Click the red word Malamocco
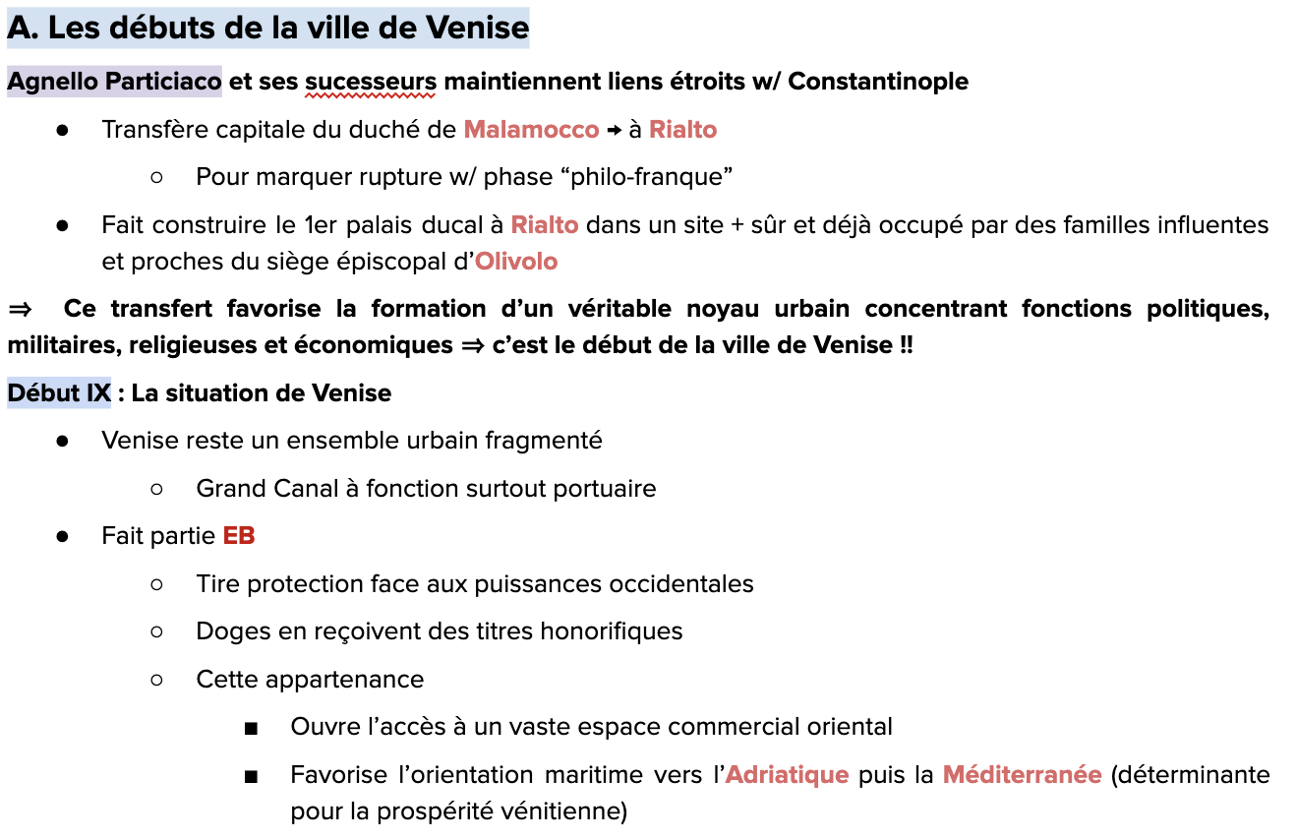click(x=531, y=130)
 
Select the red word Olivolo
click(x=516, y=262)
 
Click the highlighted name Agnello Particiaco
click(x=114, y=82)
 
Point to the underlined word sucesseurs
click(x=371, y=82)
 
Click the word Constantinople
click(x=878, y=82)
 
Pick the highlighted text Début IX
click(x=59, y=393)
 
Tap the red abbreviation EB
click(x=239, y=536)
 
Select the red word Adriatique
click(x=787, y=775)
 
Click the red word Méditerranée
click(x=1022, y=775)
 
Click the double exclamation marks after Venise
click(x=906, y=346)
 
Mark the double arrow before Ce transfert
click(x=20, y=309)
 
